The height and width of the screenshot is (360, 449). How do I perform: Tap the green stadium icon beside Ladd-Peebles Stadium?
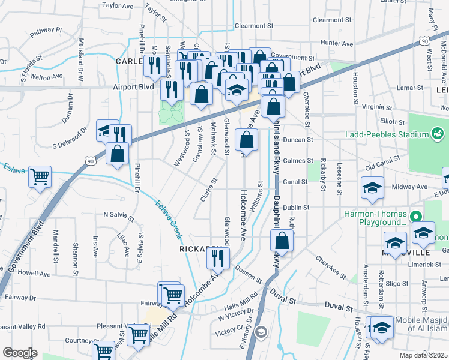pyautogui.click(x=437, y=131)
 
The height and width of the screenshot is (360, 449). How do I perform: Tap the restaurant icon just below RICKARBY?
pyautogui.click(x=217, y=257)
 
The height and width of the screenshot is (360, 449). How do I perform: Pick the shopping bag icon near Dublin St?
pyautogui.click(x=282, y=241)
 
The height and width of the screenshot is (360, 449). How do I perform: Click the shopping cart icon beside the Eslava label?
pyautogui.click(x=40, y=177)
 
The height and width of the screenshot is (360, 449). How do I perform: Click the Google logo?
pyautogui.click(x=20, y=353)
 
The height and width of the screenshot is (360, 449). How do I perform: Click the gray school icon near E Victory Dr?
pyautogui.click(x=261, y=331)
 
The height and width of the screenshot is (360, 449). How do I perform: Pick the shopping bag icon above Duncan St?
pyautogui.click(x=246, y=140)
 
